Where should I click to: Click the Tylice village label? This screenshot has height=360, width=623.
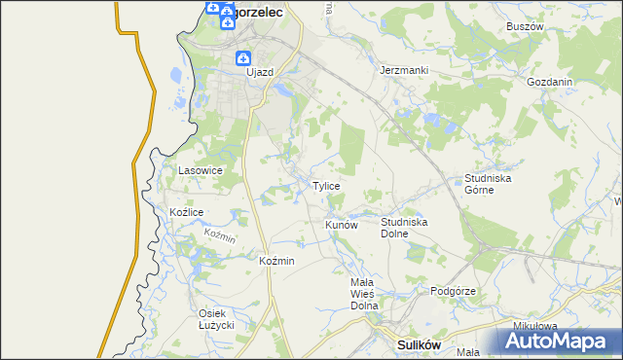point(326,186)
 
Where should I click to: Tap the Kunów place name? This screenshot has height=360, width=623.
point(342,225)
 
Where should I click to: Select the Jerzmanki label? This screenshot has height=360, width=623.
point(404,71)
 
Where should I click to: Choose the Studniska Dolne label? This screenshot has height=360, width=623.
point(404,228)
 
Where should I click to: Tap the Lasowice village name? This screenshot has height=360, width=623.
point(201,170)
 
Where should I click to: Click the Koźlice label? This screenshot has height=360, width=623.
point(186,212)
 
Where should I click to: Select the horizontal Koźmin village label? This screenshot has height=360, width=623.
point(277,261)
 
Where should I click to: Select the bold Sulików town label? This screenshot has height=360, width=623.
point(421,344)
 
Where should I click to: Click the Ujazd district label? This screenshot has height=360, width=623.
point(260,72)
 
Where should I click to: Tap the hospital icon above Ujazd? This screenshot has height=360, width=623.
point(243,57)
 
